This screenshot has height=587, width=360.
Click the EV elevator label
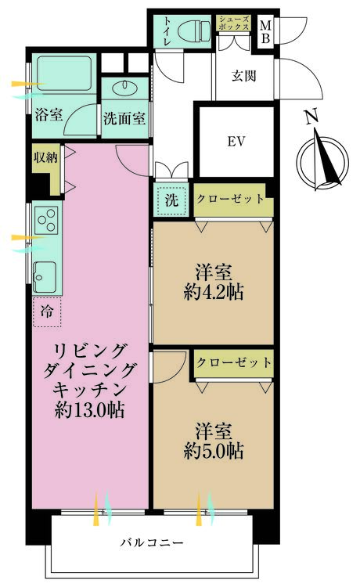pyautogui.click(x=236, y=142)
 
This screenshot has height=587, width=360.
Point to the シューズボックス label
pyautogui.click(x=233, y=23)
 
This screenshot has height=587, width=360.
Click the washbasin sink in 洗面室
pyautogui.click(x=124, y=86)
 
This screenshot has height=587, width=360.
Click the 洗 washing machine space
pyautogui.click(x=171, y=200)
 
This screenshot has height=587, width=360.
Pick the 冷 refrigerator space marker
pyautogui.click(x=47, y=309)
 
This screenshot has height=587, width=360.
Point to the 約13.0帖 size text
pyautogui.click(x=91, y=409)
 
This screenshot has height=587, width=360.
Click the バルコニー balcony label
pyautogui.click(x=152, y=542)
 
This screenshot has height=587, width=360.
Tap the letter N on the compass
pyautogui.click(x=311, y=118)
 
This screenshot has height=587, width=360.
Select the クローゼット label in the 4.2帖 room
pyautogui.click(x=231, y=199)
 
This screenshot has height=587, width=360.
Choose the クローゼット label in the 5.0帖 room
pyautogui.click(x=234, y=362)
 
